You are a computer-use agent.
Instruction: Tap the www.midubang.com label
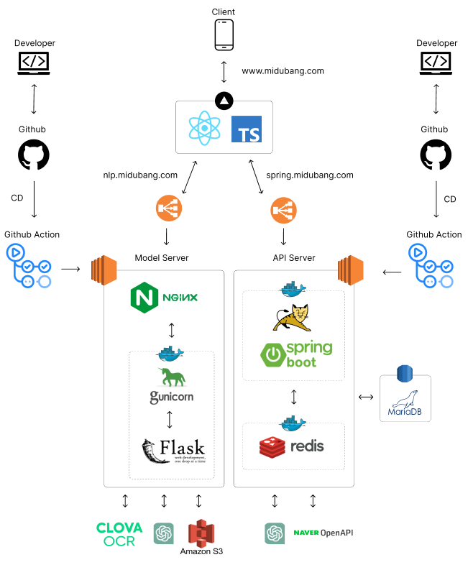click(283, 71)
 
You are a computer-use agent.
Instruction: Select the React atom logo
click(205, 128)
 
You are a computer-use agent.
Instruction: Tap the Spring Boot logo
click(296, 354)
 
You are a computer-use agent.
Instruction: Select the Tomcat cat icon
click(292, 316)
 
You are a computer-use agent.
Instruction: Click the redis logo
click(291, 446)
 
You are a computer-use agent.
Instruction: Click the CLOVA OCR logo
click(119, 534)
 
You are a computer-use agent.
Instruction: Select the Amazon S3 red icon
click(201, 534)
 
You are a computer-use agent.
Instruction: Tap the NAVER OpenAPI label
click(323, 533)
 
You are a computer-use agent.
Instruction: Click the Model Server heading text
click(162, 258)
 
